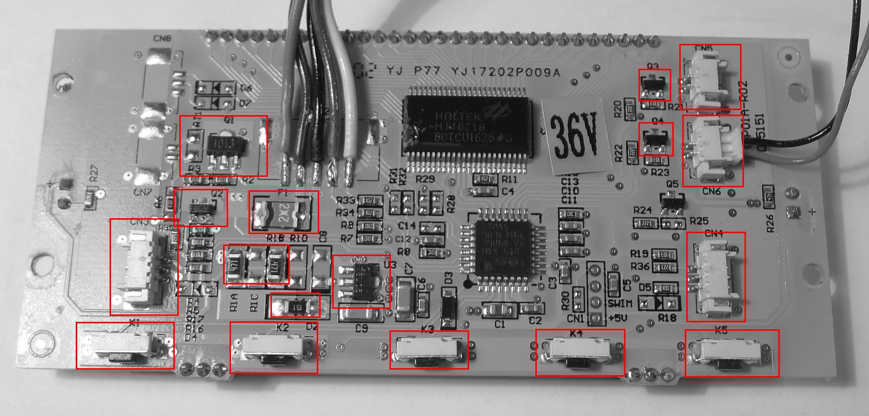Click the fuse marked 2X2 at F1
click(x=283, y=212)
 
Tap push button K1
click(x=124, y=346)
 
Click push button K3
click(x=428, y=350)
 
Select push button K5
click(x=731, y=353)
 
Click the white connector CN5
click(x=710, y=77)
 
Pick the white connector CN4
click(x=716, y=277)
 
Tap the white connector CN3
click(x=143, y=268)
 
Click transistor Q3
click(x=654, y=85)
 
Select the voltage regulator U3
click(x=361, y=281)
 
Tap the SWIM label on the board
click(x=620, y=303)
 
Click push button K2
click(x=273, y=347)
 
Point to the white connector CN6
click(x=712, y=151)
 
